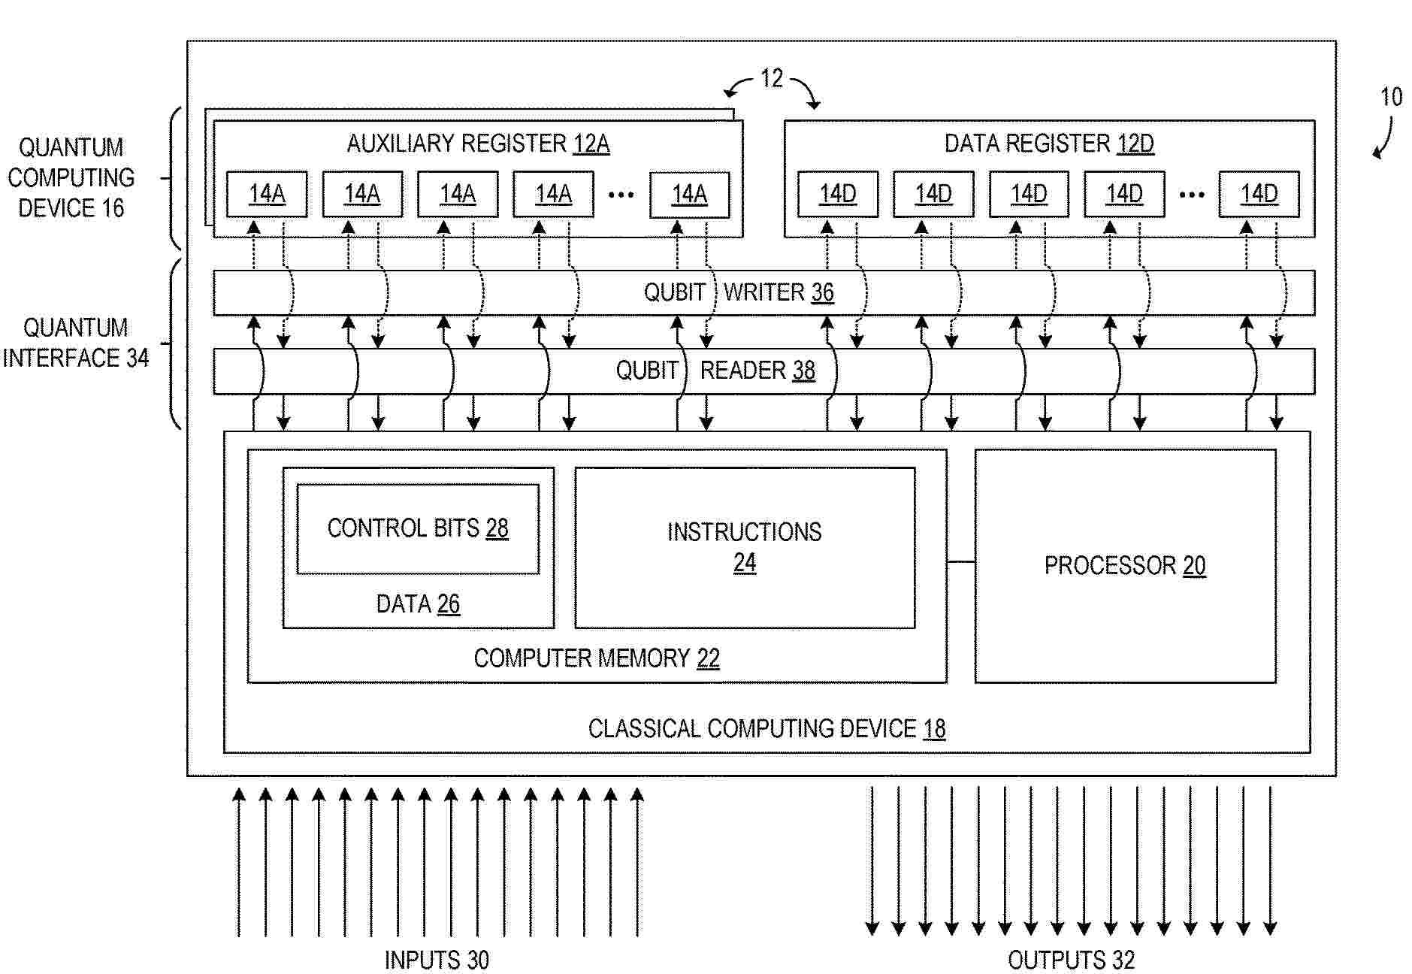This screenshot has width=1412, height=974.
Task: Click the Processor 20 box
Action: (x=1125, y=566)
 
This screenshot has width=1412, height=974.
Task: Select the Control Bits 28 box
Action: (x=418, y=529)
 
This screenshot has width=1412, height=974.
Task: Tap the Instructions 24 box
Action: (x=745, y=547)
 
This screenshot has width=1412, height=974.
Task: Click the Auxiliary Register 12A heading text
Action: (x=478, y=144)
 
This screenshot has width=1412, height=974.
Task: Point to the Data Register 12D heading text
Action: (x=1049, y=144)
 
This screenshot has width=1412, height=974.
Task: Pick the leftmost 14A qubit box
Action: (x=267, y=194)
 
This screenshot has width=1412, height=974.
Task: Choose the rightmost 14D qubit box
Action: (x=1259, y=194)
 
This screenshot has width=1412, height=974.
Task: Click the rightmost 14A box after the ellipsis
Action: (x=689, y=194)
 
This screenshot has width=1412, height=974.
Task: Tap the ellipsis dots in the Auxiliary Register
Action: (x=621, y=195)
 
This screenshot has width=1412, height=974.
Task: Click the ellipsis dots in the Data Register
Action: (x=1191, y=195)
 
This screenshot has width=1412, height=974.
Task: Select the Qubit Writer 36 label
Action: (x=739, y=292)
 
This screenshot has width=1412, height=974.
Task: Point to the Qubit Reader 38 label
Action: (x=715, y=371)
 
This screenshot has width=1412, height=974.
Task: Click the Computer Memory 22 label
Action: (x=597, y=658)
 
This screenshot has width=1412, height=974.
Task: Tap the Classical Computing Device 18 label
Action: (x=766, y=728)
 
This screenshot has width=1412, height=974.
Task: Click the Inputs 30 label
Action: (x=437, y=960)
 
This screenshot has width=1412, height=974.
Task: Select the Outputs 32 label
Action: (x=1071, y=960)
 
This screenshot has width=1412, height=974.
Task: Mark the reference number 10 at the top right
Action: (x=1391, y=97)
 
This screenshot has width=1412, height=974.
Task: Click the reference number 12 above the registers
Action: (x=771, y=78)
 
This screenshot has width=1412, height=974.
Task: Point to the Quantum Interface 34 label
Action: (x=76, y=343)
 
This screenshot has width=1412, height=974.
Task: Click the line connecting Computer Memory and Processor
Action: (x=961, y=561)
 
